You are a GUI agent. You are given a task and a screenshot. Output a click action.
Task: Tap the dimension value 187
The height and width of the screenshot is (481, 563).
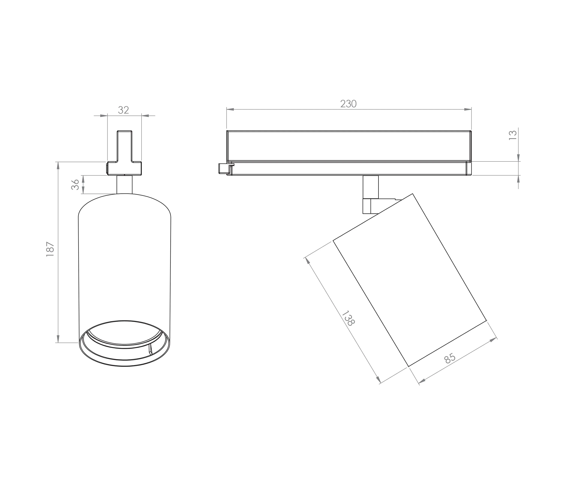[50, 249]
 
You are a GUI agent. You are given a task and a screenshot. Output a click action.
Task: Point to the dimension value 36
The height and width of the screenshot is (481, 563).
[75, 185]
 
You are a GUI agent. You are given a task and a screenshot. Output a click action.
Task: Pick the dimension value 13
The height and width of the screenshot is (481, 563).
[513, 135]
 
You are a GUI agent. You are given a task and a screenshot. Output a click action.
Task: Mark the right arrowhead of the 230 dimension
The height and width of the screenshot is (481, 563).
[468, 109]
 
